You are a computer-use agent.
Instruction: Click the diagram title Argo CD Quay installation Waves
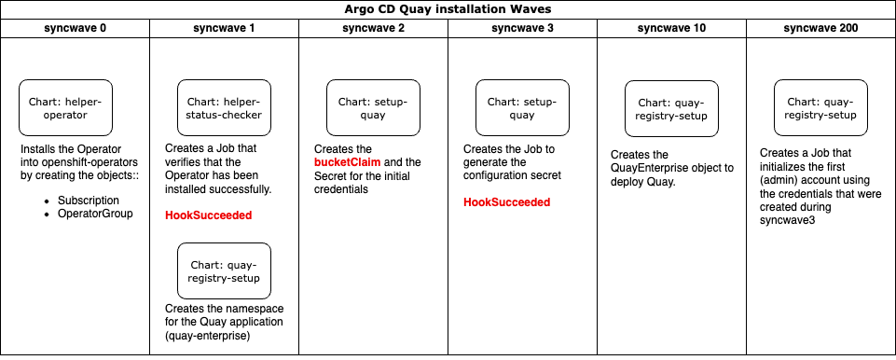tap(448, 9)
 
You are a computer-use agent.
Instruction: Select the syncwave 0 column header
tap(76, 28)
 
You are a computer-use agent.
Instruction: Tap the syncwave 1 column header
tap(224, 28)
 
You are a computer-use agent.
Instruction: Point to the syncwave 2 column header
tap(374, 28)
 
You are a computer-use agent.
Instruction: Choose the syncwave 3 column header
tap(522, 28)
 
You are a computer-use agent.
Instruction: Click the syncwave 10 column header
tap(671, 28)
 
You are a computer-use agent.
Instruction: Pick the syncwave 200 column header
tap(820, 28)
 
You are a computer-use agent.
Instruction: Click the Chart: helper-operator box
tap(65, 108)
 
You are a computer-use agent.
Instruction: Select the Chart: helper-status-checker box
tap(224, 108)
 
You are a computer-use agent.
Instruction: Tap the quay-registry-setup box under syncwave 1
tap(224, 270)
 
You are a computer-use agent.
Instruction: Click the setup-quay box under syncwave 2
tap(373, 108)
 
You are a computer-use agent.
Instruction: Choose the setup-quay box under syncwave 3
tap(522, 108)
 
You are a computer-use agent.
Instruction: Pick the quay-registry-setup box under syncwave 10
tap(671, 109)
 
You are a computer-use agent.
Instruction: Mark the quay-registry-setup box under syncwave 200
tap(820, 108)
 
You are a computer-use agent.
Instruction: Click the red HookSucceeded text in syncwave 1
tap(208, 215)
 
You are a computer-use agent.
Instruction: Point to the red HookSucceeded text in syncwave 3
tap(506, 202)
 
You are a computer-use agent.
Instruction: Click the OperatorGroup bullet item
tap(94, 214)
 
